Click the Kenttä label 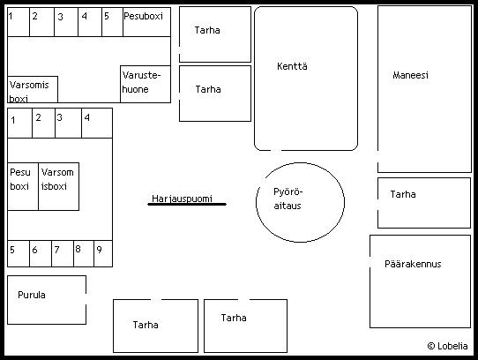[x=292, y=66]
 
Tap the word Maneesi [x=410, y=75]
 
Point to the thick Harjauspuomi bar [x=187, y=204]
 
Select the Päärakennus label [x=413, y=264]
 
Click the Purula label [x=32, y=295]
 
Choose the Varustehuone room [x=146, y=84]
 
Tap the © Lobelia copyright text [x=447, y=346]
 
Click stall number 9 [x=103, y=254]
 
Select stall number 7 [x=63, y=254]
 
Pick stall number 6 [x=41, y=254]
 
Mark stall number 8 [x=84, y=254]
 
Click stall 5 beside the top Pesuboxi [x=112, y=22]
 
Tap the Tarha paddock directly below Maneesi [x=424, y=203]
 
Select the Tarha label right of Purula [x=146, y=325]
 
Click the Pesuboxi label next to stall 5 [x=143, y=16]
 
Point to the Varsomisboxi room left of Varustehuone [x=33, y=89]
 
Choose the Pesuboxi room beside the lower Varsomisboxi [x=23, y=186]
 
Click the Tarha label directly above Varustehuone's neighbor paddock [x=207, y=30]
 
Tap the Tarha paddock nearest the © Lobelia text [x=424, y=203]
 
